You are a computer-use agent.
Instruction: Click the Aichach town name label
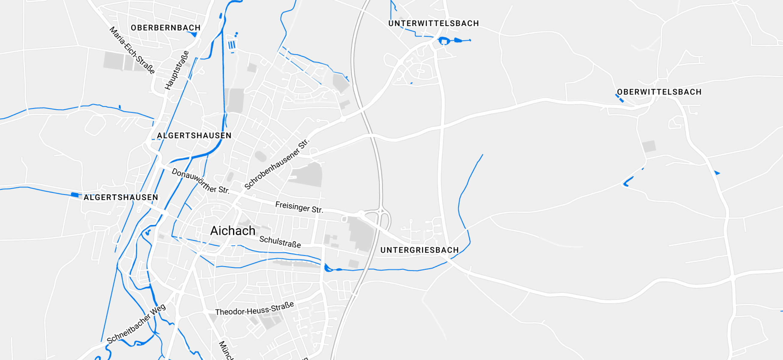pyautogui.click(x=232, y=231)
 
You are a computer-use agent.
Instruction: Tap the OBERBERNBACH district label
pyautogui.click(x=166, y=28)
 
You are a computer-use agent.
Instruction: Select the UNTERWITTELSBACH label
pyautogui.click(x=433, y=23)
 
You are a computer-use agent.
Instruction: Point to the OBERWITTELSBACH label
pyautogui.click(x=659, y=92)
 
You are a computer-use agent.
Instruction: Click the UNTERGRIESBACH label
pyautogui.click(x=419, y=250)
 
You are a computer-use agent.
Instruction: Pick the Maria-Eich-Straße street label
pyautogui.click(x=132, y=50)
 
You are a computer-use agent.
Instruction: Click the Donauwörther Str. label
pyautogui.click(x=200, y=181)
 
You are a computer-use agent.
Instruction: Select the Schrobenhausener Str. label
pyautogui.click(x=277, y=164)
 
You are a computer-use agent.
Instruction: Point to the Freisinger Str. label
pyautogui.click(x=299, y=207)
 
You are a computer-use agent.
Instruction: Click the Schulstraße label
pyautogui.click(x=280, y=242)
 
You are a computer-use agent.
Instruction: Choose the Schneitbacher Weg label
pyautogui.click(x=136, y=323)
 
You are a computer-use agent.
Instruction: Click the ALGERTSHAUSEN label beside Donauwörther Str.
pyautogui.click(x=194, y=135)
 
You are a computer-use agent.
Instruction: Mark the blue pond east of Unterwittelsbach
pyautogui.click(x=444, y=40)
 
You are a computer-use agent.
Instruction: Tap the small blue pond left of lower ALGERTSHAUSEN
pyautogui.click(x=74, y=195)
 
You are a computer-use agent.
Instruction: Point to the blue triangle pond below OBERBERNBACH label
pyautogui.click(x=193, y=34)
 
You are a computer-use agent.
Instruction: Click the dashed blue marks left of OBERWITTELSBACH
pyautogui.click(x=619, y=98)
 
